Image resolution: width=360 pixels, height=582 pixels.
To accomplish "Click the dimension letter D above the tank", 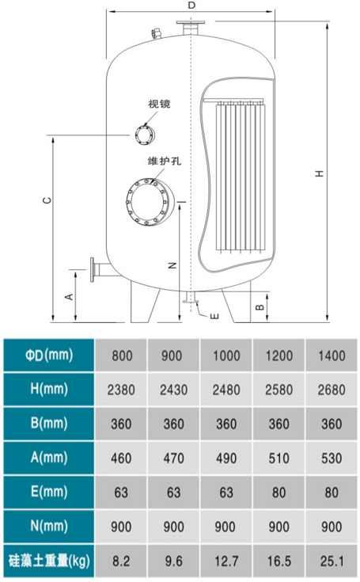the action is click(191, 6).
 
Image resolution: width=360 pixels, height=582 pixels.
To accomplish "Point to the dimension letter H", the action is click(319, 173).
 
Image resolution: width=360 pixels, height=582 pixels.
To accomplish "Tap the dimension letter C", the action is click(47, 200).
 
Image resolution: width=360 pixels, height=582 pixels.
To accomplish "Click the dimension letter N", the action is click(172, 265).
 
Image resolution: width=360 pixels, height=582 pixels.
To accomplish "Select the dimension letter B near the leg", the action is click(260, 307).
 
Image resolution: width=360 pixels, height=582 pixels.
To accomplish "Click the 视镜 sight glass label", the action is click(159, 104).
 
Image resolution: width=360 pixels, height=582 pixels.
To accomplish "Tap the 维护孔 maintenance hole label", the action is click(165, 161).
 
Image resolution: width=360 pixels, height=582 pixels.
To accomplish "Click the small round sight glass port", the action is click(145, 135).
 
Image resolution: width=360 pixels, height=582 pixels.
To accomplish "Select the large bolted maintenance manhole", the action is click(147, 202).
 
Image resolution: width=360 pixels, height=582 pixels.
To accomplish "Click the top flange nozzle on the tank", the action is click(191, 27).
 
